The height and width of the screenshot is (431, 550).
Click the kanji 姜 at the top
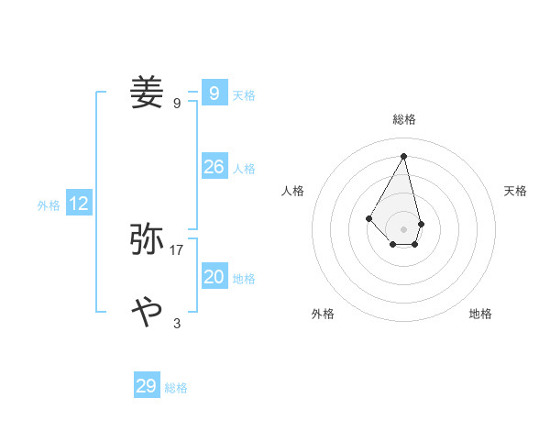[x=148, y=94]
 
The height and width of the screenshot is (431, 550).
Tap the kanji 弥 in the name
[x=148, y=239]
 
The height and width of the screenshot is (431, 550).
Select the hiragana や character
[x=148, y=313]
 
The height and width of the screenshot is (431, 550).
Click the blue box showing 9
[x=214, y=94]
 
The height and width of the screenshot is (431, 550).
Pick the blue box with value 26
[x=214, y=166]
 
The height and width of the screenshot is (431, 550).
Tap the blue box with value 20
[x=214, y=277]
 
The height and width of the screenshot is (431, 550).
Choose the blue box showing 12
[x=79, y=204]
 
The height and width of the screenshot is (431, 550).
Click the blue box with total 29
[x=147, y=386]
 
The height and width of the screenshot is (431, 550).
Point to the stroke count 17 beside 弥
[x=177, y=249]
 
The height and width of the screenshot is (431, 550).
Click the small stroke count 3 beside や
[x=177, y=323]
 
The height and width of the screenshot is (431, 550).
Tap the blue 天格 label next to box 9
[x=244, y=95]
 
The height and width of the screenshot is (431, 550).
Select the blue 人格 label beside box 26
[x=244, y=169]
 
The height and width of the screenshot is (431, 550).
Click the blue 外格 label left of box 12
[x=49, y=205]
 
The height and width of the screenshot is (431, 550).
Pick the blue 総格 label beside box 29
[x=176, y=389]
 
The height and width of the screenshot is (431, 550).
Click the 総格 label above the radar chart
[x=404, y=119]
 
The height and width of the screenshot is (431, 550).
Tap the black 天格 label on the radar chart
[x=515, y=191]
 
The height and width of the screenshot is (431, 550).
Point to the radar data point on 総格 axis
[x=403, y=155]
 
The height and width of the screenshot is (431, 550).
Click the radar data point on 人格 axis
[x=368, y=217]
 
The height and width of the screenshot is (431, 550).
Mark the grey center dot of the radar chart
[x=403, y=228]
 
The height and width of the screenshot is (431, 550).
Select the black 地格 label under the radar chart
[x=480, y=314]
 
